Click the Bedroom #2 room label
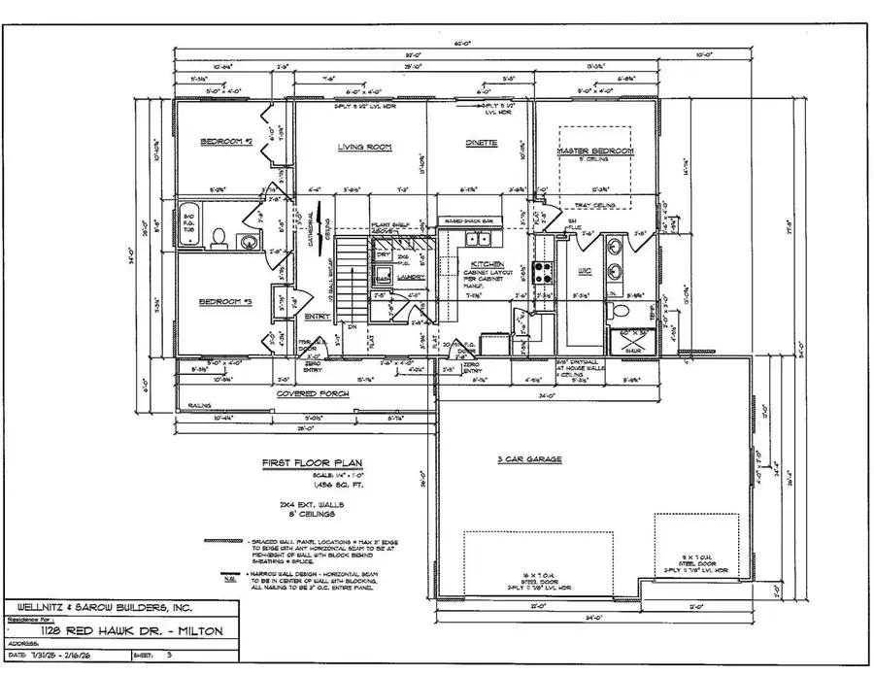(x=226, y=142)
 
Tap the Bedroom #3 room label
(x=226, y=302)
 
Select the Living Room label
(x=363, y=147)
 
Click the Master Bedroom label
(x=594, y=152)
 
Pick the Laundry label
(x=411, y=277)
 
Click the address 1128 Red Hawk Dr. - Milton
(x=139, y=630)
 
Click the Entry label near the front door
(x=317, y=317)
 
